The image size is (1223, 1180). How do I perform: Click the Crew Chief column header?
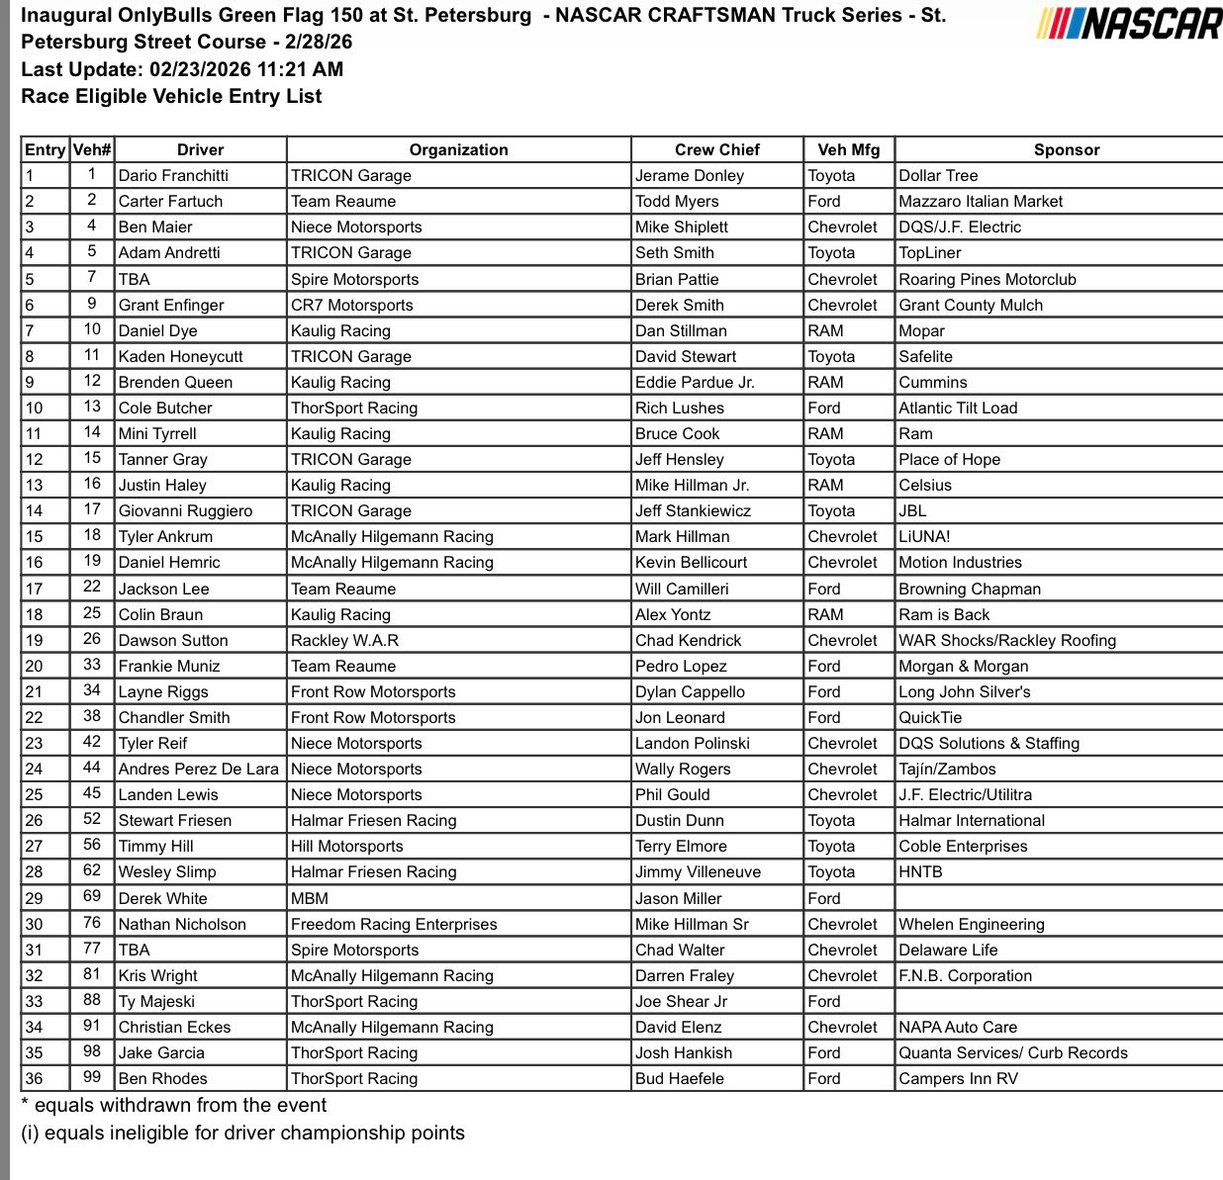point(716,149)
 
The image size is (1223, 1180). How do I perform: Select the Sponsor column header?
point(1066,149)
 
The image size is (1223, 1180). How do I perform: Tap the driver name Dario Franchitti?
point(173,175)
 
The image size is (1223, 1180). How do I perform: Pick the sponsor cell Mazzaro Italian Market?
point(980,201)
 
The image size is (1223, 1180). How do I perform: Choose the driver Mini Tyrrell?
point(157,433)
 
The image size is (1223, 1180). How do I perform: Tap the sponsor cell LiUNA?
point(924,536)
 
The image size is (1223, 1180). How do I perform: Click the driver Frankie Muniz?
point(169,666)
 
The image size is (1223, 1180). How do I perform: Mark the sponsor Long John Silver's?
point(964,691)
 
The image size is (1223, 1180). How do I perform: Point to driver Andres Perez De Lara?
point(198,769)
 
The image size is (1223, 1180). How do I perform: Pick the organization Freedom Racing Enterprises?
point(394,924)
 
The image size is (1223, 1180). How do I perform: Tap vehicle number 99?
point(92,1077)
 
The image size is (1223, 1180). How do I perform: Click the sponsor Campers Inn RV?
point(958,1078)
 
